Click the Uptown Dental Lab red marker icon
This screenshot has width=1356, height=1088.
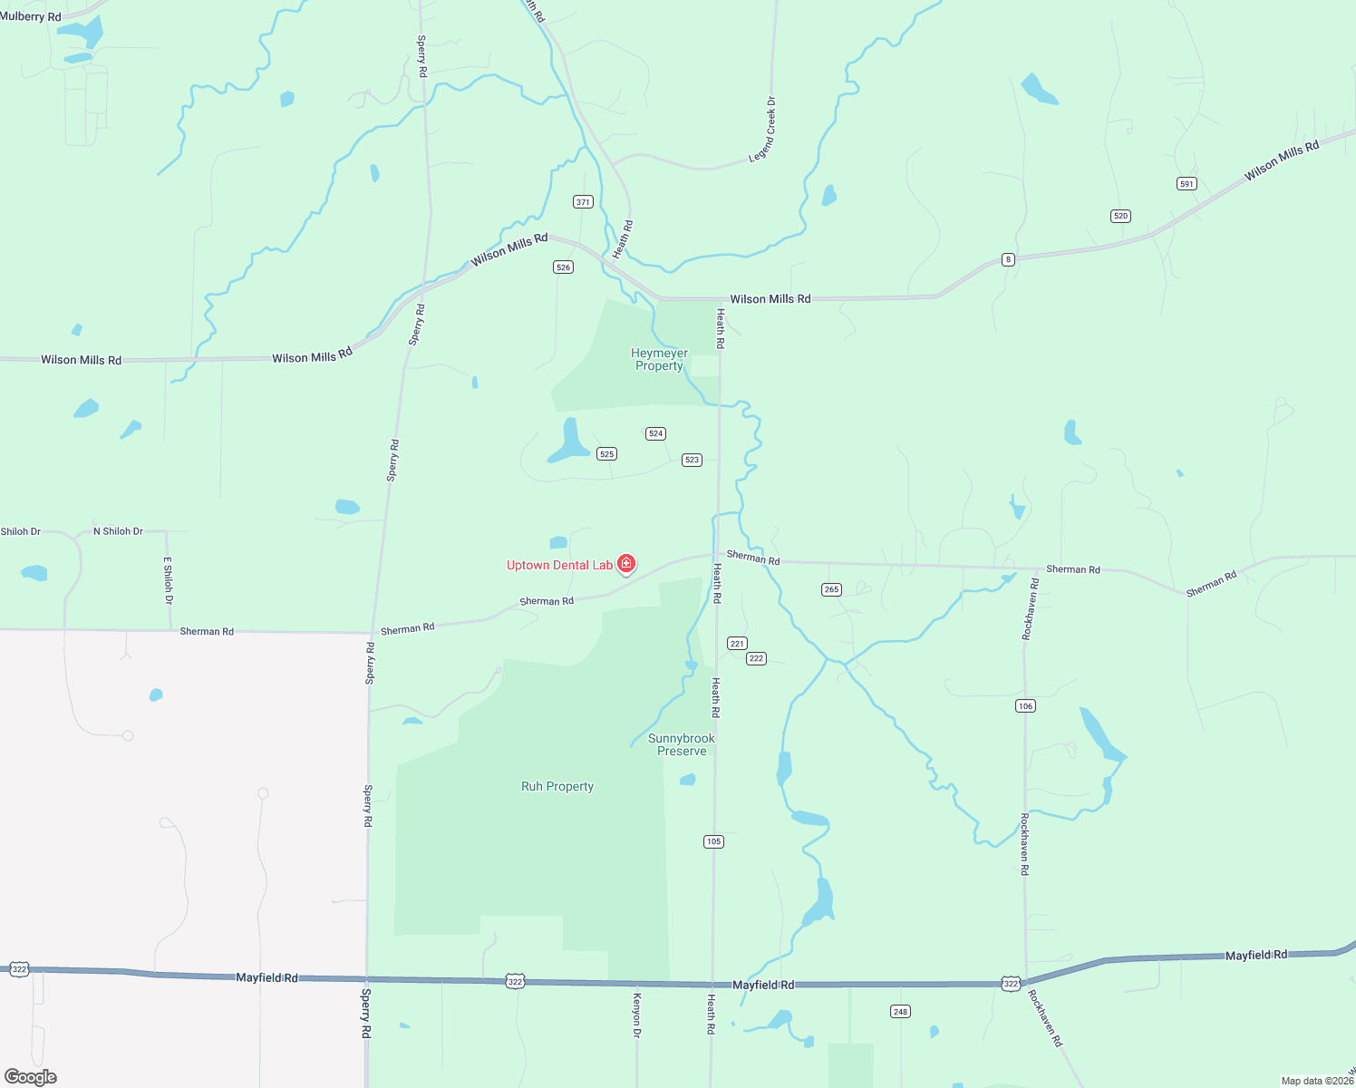625,564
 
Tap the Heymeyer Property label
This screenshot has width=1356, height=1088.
659,360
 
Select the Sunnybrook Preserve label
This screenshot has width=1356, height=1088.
682,744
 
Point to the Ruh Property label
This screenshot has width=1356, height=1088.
557,786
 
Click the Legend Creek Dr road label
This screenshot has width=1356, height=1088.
762,131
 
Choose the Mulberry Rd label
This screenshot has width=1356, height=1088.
31,16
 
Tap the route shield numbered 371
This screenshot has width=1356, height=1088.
583,202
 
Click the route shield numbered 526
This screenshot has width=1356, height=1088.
564,267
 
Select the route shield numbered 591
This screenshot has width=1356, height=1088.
1186,184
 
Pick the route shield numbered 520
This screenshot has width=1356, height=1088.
1120,216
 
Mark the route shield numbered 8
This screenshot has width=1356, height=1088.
1008,259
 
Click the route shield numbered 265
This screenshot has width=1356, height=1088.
831,589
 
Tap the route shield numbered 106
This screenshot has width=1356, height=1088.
1025,706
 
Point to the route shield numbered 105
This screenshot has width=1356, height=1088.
713,841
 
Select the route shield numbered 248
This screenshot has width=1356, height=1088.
900,1012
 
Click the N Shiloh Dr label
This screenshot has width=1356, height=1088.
118,531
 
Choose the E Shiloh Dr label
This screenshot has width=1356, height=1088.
168,580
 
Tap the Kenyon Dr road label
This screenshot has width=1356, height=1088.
637,1015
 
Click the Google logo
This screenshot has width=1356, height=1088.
31,1077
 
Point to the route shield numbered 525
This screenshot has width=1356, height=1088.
606,454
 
